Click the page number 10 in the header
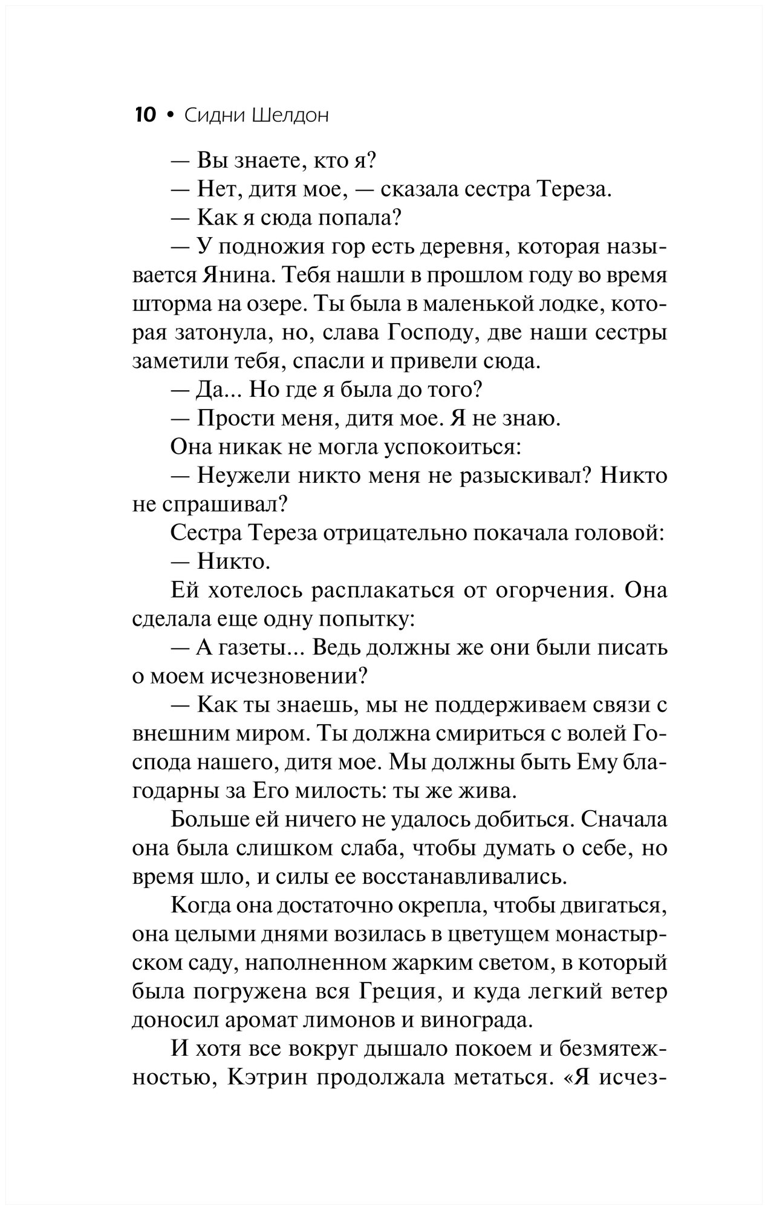(x=145, y=115)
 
